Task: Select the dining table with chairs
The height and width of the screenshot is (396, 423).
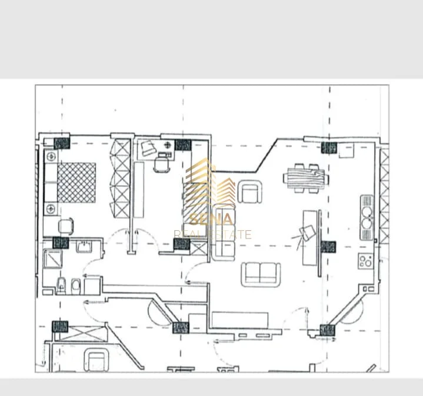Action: click(304, 176)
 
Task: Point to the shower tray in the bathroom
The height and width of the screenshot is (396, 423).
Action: click(52, 259)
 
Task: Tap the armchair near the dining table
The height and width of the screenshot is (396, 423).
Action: click(249, 192)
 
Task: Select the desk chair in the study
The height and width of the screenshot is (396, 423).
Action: click(161, 165)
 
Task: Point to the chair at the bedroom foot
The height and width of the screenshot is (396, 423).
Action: click(66, 226)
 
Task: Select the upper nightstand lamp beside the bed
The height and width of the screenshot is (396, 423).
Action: click(51, 156)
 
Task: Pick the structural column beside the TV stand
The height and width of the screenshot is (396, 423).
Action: click(328, 247)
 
